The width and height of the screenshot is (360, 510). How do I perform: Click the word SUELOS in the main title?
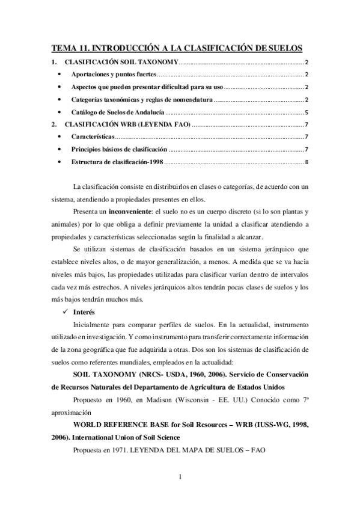click(x=284, y=48)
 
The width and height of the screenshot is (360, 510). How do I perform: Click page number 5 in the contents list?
click(x=307, y=112)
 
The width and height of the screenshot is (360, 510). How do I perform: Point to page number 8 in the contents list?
click(x=307, y=162)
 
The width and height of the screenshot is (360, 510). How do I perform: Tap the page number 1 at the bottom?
click(x=180, y=478)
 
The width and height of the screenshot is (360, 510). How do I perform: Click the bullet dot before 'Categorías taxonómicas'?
click(x=58, y=100)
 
